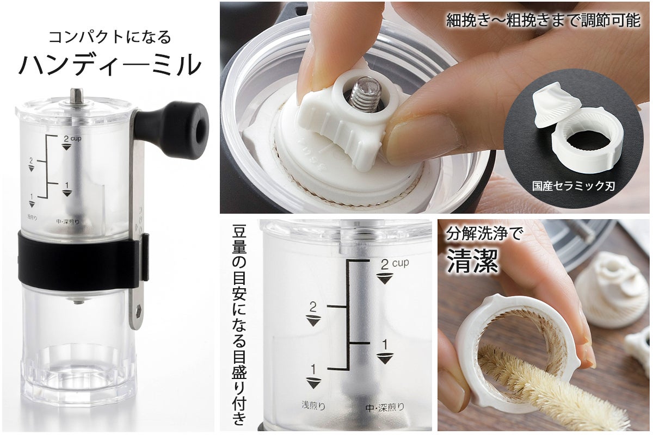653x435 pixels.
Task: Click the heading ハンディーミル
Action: click(x=110, y=65)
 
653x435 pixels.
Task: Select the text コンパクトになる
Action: click(x=109, y=37)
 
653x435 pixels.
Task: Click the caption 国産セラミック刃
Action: click(x=573, y=186)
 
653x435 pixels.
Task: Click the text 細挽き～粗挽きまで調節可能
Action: click(x=543, y=21)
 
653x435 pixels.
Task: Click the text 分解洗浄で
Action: click(x=484, y=233)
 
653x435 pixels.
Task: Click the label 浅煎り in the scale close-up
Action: click(x=313, y=405)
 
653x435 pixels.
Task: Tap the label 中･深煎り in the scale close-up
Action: click(x=385, y=407)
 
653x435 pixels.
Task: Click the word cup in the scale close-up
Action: click(x=401, y=263)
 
